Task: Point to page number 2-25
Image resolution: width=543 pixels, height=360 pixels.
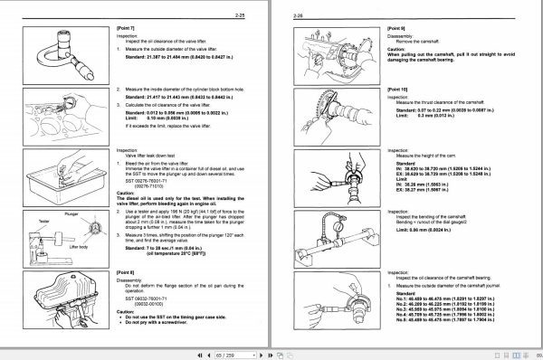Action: pos(239,16)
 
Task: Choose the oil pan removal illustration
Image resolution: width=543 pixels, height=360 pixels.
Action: pos(70,306)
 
